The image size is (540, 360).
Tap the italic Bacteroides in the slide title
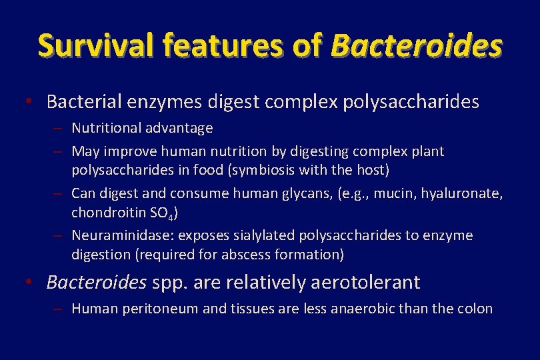(416, 45)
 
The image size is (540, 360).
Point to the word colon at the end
(476, 309)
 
